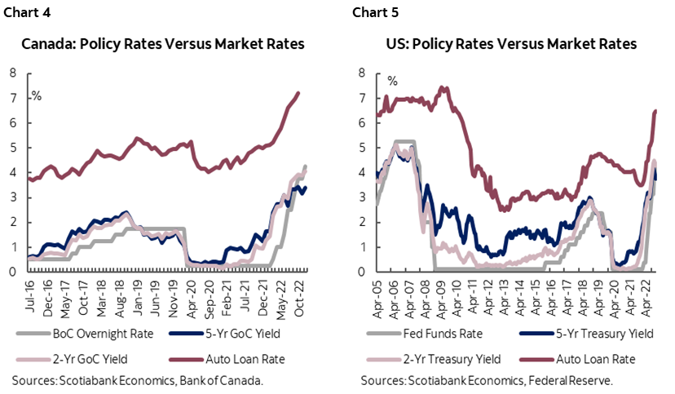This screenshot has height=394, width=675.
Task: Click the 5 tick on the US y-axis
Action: click(x=362, y=148)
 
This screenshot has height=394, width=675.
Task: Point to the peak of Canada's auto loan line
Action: click(x=298, y=93)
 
